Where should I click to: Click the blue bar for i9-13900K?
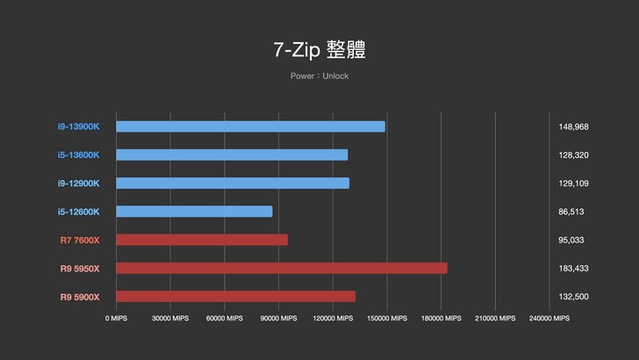250,126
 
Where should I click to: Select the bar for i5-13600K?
232,155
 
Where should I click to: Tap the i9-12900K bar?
233,184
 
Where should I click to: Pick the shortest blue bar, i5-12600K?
194,212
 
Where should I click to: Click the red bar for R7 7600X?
202,240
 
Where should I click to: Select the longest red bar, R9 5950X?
281,268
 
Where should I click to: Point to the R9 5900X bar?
235,297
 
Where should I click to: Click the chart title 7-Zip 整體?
319,49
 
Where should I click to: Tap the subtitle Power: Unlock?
319,76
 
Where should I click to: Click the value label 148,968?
573,126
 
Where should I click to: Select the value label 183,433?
573,268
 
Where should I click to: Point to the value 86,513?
571,212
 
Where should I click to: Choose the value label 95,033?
571,240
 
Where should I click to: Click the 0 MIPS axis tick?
117,319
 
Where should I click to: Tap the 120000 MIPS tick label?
332,319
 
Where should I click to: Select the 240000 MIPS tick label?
548,319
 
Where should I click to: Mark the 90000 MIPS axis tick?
277,319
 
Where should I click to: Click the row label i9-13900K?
79,126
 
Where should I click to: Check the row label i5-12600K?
79,212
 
